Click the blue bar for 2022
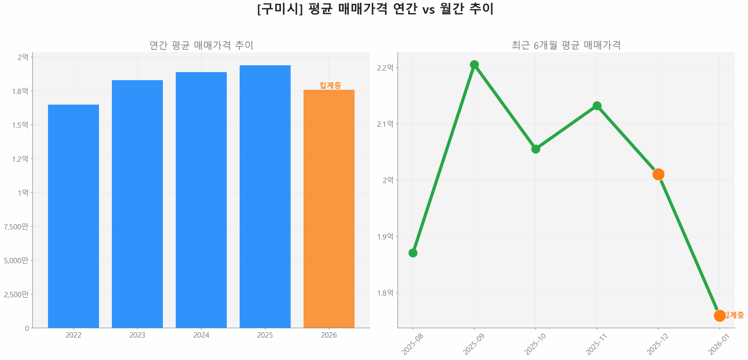73,216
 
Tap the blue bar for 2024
201,200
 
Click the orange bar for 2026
329,209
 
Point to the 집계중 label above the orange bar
330,85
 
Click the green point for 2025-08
413,253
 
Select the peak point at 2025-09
474,64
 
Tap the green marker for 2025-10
535,149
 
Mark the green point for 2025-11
597,106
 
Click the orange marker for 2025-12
658,174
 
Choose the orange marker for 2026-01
719,315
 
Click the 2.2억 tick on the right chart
385,68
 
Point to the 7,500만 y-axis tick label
16,226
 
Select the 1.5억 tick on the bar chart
20,125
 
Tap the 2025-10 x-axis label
534,344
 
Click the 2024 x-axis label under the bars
201,335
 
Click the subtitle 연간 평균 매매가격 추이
201,45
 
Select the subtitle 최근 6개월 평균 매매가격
566,45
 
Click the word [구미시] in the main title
280,9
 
